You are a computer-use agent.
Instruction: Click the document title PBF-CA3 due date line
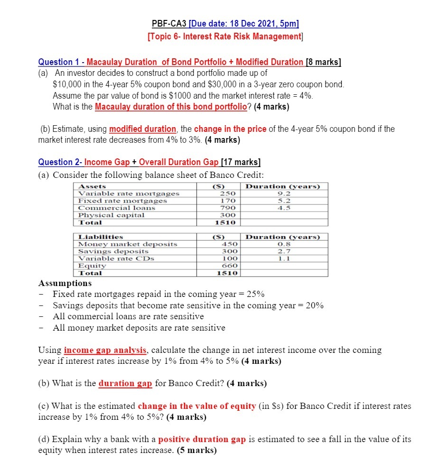coord(225,25)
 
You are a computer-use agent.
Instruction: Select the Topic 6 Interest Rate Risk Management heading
coord(225,37)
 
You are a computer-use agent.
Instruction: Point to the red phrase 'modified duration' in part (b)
coord(142,129)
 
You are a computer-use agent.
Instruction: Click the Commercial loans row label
coord(117,208)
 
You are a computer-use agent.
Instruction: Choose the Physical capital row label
coord(112,215)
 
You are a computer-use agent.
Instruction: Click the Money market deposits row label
coord(128,244)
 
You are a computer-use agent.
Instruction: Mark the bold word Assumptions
coord(65,283)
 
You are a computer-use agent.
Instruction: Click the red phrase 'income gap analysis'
coord(105,350)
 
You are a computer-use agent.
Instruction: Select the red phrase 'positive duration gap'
coord(202,439)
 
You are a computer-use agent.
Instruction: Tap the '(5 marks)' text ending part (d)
coord(196,450)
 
